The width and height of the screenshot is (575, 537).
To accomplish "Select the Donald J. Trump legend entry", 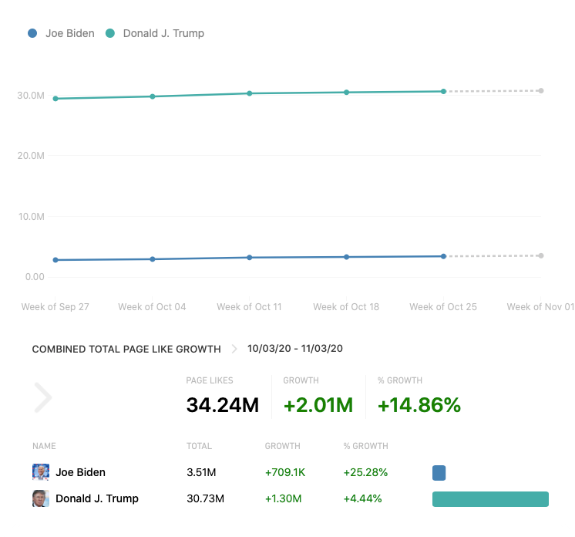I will [163, 33].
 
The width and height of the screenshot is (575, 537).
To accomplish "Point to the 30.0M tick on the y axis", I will [31, 96].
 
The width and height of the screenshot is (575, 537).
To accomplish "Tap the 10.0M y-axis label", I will [31, 216].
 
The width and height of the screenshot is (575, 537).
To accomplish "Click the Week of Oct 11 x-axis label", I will [249, 307].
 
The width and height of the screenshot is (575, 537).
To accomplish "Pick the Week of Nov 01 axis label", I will [540, 307].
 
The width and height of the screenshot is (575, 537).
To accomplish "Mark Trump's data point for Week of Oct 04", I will [153, 96].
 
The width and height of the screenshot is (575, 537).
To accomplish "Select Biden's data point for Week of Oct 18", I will [346, 257].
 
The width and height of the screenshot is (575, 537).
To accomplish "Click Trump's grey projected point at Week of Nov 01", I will [541, 91].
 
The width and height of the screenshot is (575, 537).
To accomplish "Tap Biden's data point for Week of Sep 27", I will [55, 260].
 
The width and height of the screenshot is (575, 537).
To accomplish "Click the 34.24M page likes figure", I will [222, 404].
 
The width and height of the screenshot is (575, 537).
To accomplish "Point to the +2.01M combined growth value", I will [318, 404].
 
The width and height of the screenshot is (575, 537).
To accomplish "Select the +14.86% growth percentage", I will [419, 404].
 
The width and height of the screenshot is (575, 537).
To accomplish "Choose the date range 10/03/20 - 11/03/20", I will [295, 349].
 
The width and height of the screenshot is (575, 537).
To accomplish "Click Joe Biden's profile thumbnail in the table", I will [41, 472].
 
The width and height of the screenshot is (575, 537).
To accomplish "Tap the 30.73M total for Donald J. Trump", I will [205, 498].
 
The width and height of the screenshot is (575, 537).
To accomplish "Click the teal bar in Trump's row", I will [490, 499].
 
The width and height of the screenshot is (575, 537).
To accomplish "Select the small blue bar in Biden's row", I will [439, 473].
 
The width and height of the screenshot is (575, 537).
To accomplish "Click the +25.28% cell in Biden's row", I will [366, 472].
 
